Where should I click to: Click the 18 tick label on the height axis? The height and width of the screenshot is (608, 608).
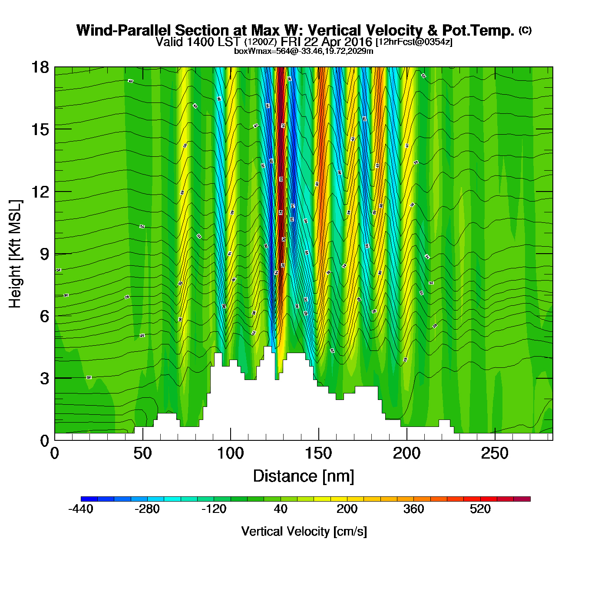(40, 67)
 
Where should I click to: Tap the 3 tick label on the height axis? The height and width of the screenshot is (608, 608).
(44, 378)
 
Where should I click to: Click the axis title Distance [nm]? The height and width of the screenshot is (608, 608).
(304, 476)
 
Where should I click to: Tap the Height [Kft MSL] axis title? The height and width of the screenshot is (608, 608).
(16, 254)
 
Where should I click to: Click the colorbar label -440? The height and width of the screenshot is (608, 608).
(81, 509)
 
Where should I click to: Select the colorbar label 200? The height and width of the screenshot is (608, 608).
(347, 509)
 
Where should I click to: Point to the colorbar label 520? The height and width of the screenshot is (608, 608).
(480, 509)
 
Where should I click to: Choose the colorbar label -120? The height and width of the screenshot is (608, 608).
(214, 509)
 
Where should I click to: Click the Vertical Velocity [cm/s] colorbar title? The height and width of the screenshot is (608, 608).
(304, 532)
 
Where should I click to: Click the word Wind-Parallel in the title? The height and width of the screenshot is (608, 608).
(124, 31)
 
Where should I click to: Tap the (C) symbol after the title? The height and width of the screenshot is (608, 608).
(525, 30)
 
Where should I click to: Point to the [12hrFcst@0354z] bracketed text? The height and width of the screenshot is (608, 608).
(414, 42)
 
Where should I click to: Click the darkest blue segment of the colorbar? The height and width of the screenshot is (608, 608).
(89, 499)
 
